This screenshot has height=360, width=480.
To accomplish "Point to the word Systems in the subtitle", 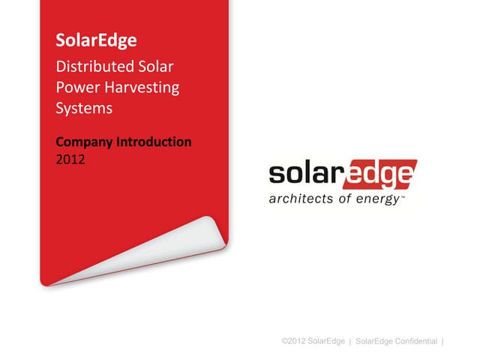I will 84,108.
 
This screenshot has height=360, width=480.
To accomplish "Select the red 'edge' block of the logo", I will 380,175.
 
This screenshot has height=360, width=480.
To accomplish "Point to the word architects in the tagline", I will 298,200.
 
